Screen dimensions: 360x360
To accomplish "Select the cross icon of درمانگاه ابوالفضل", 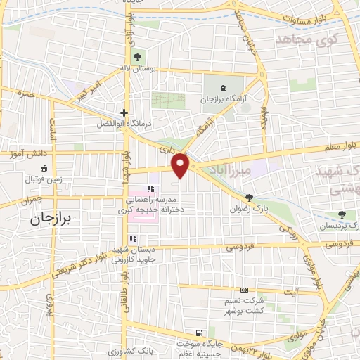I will [x=124, y=112].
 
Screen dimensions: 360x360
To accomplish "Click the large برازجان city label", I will [x=51, y=219].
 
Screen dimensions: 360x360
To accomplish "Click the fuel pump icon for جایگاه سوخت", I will [x=200, y=333].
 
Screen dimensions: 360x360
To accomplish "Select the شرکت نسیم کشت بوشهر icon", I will [x=244, y=290].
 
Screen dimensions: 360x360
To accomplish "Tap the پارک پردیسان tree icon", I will [x=342, y=214].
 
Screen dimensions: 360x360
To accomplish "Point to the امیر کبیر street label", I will [x=86, y=93].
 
